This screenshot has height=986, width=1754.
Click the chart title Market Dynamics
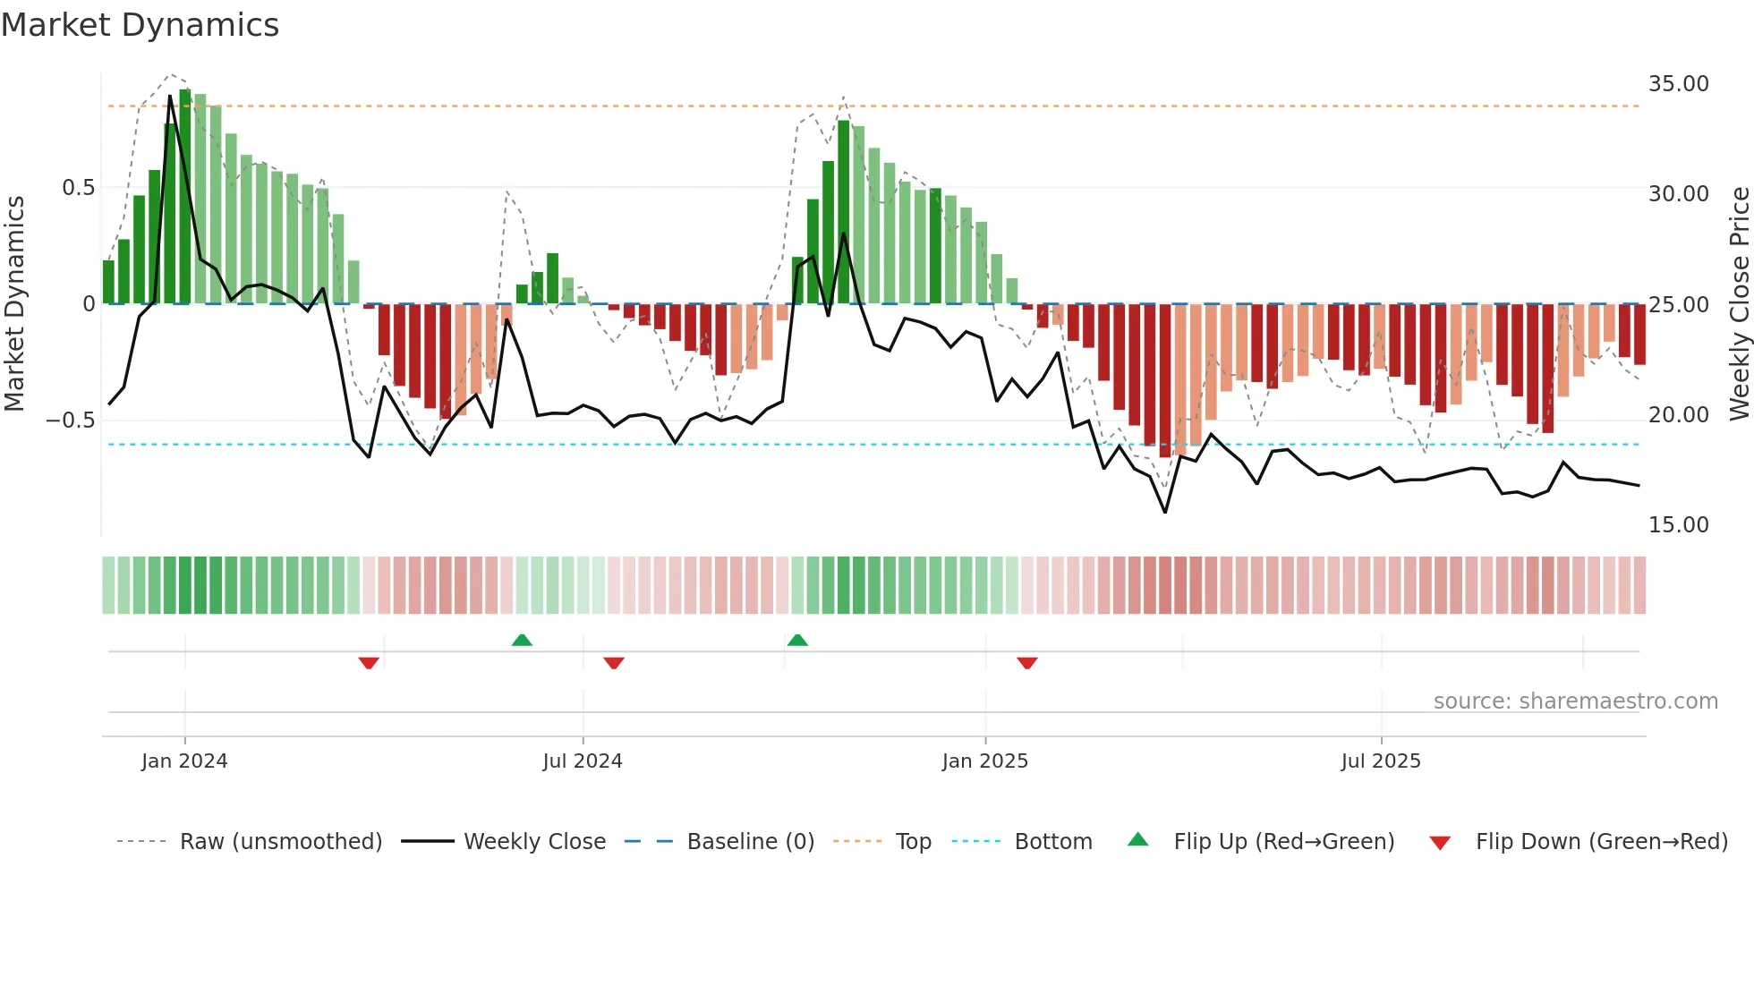(140, 25)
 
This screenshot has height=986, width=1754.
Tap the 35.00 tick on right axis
(1678, 84)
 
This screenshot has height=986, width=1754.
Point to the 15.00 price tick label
(1678, 525)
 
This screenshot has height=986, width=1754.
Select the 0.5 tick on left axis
(78, 188)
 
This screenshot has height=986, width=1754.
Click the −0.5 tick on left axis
(71, 421)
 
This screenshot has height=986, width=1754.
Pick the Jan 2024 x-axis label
(184, 761)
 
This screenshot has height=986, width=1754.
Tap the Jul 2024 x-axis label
(583, 761)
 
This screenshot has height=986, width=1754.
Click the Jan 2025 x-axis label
(984, 761)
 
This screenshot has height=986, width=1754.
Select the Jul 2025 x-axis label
(1381, 761)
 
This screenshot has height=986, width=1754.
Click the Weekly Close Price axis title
(1739, 304)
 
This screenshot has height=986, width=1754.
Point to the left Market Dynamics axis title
(14, 304)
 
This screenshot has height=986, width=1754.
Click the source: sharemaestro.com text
(1575, 701)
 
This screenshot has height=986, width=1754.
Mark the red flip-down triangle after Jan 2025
(1027, 662)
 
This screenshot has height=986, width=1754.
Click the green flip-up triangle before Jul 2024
(522, 640)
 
